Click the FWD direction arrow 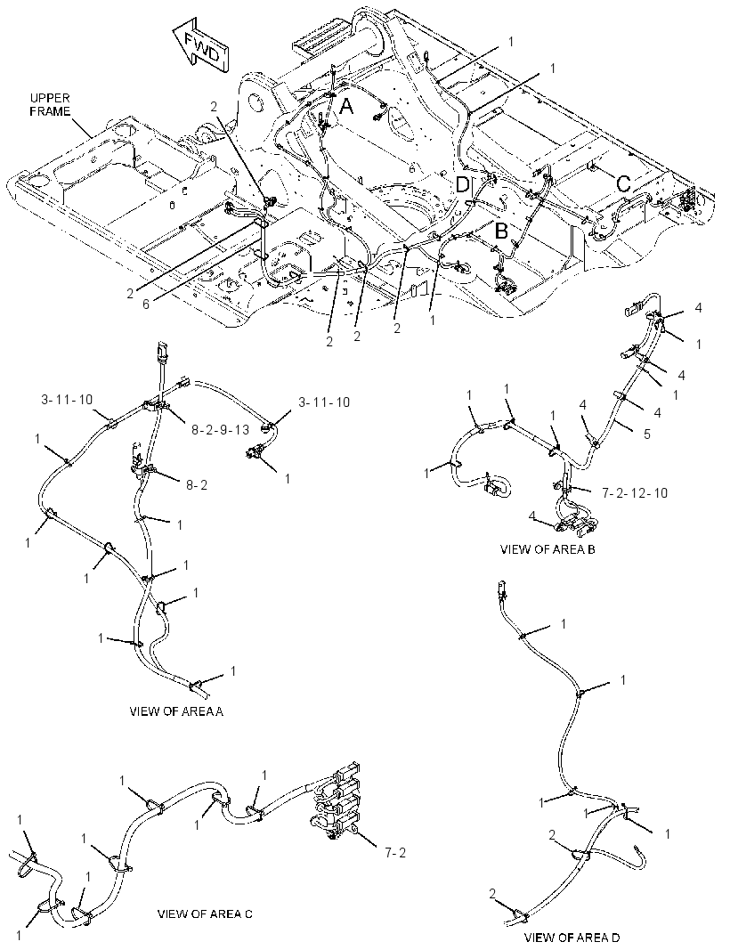pyautogui.click(x=199, y=46)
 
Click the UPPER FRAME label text pyautogui.click(x=50, y=105)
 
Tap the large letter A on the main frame pyautogui.click(x=346, y=107)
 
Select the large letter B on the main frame pyautogui.click(x=502, y=231)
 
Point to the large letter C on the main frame pyautogui.click(x=624, y=183)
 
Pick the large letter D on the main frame pyautogui.click(x=463, y=185)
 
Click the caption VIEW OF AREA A pyautogui.click(x=176, y=711)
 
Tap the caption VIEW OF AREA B pyautogui.click(x=547, y=549)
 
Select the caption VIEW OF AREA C pyautogui.click(x=205, y=914)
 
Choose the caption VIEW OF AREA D pyautogui.click(x=572, y=938)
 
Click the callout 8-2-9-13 pyautogui.click(x=220, y=429)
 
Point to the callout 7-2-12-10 pyautogui.click(x=635, y=492)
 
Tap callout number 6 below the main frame pyautogui.click(x=145, y=304)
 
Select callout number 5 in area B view pyautogui.click(x=647, y=434)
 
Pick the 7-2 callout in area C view pyautogui.click(x=394, y=852)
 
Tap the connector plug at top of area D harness pyautogui.click(x=500, y=589)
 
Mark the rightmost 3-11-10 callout pyautogui.click(x=323, y=402)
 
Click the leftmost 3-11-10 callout pyautogui.click(x=67, y=399)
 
